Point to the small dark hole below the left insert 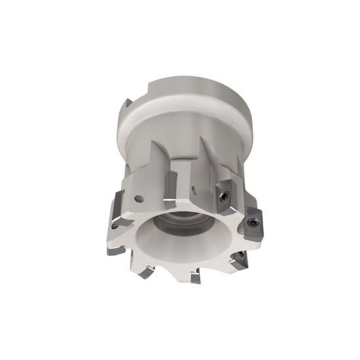115,228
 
